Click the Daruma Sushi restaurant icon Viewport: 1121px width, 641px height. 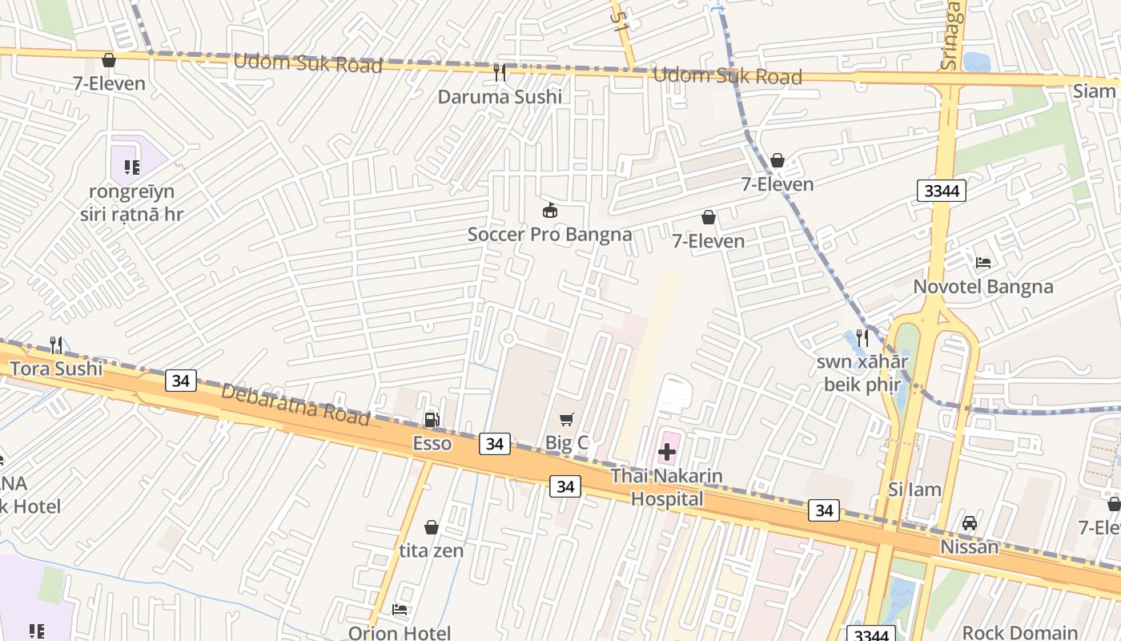(500, 73)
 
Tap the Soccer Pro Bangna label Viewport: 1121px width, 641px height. (549, 235)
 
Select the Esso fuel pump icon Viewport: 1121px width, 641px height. (432, 420)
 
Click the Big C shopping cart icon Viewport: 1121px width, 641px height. (567, 419)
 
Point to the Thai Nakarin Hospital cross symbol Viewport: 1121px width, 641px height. (667, 452)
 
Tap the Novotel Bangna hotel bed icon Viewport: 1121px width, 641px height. (983, 263)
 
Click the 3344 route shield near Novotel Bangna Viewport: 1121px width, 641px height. (942, 191)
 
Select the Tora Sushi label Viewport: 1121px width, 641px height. (55, 369)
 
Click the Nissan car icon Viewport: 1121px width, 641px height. (970, 523)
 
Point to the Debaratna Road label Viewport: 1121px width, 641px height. (295, 405)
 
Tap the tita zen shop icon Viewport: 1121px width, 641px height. (432, 527)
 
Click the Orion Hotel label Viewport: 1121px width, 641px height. (399, 633)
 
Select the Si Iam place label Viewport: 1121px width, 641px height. (914, 490)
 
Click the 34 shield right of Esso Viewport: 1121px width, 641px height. (495, 443)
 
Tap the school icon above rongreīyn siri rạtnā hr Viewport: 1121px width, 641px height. (131, 167)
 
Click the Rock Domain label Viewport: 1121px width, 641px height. (1019, 632)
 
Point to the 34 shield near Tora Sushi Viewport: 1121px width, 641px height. (181, 381)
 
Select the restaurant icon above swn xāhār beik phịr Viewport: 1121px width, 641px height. (862, 337)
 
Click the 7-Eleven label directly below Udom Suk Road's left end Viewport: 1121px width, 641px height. (109, 83)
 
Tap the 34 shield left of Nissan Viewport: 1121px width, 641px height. (823, 510)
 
